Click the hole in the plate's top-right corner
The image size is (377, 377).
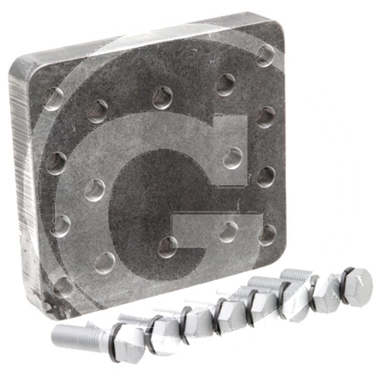[266, 55]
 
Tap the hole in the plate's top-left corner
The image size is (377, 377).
[53, 99]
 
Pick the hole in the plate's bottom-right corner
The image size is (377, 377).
[268, 234]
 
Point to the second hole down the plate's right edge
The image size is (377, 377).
[266, 117]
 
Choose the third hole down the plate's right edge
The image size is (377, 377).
[266, 177]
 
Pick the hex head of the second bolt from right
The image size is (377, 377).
[324, 296]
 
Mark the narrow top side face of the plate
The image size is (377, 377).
[137, 39]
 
